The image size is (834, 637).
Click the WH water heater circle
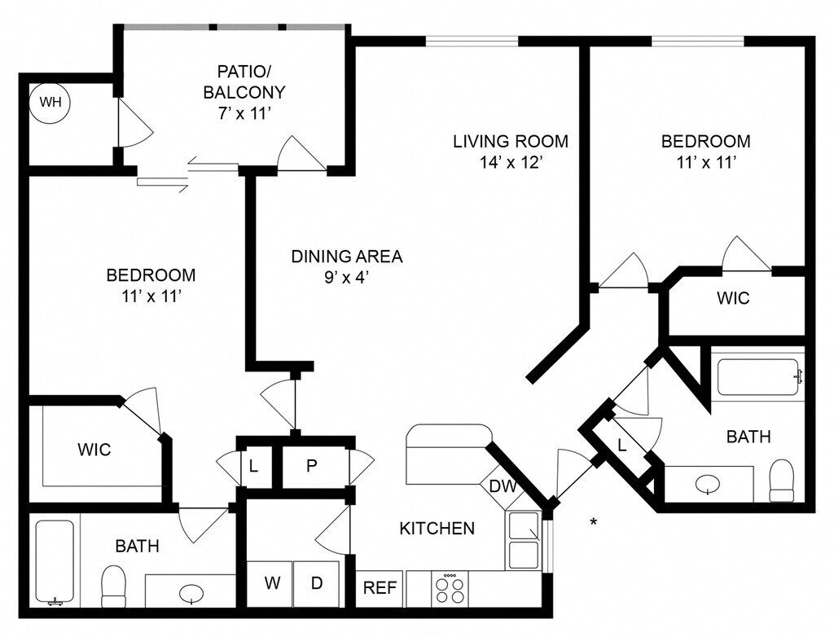click(x=50, y=102)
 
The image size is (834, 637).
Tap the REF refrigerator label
click(x=380, y=588)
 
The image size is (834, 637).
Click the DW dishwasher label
click(x=503, y=485)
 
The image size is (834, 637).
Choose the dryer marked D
click(x=317, y=583)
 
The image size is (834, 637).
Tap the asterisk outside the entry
click(x=594, y=522)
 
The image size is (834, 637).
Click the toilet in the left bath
click(x=113, y=586)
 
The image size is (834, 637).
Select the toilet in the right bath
click(x=781, y=481)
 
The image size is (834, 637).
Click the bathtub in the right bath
click(x=758, y=377)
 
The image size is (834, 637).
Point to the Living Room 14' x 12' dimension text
click(x=511, y=162)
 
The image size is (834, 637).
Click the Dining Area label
click(x=347, y=257)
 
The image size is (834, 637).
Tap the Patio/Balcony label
click(x=244, y=81)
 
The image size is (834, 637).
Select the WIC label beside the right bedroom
click(x=734, y=298)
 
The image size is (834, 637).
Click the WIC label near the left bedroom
click(x=94, y=450)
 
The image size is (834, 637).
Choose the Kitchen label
click(x=437, y=529)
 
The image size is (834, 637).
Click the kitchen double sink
click(x=525, y=539)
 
